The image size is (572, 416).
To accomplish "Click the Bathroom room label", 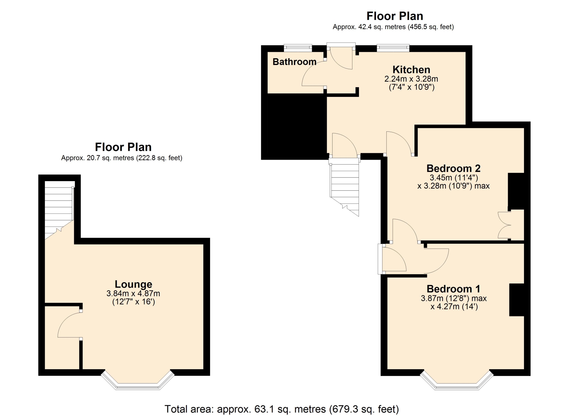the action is [x=294, y=62].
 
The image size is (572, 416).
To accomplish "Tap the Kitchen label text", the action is [x=411, y=69].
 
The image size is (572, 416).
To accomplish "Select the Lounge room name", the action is [x=133, y=284].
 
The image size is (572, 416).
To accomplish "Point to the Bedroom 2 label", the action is [x=453, y=168].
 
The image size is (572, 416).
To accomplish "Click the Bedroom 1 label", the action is [x=453, y=289].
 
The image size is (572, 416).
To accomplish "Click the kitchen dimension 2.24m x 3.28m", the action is [x=411, y=79].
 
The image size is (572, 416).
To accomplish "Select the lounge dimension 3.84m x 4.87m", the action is [x=133, y=294].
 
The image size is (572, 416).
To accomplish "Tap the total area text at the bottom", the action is [x=282, y=409].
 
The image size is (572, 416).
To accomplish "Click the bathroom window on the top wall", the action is [x=298, y=48].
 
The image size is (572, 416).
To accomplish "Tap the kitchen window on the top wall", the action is [x=393, y=48].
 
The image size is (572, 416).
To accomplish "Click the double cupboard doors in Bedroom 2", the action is [x=504, y=225].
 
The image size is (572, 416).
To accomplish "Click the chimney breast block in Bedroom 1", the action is [x=517, y=300].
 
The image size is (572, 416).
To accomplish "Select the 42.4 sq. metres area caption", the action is [x=393, y=27].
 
